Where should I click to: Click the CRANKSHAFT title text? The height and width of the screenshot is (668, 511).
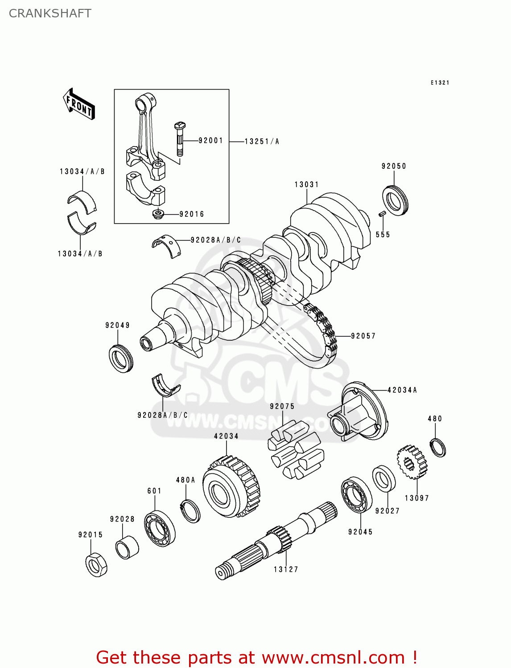click(50, 13)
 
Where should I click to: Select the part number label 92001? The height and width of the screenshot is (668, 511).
click(210, 141)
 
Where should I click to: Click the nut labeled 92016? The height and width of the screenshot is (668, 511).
click(158, 214)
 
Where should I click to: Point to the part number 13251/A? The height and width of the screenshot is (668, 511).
click(262, 142)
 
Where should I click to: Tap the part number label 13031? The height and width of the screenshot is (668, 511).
click(306, 184)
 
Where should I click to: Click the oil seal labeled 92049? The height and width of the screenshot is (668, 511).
click(121, 358)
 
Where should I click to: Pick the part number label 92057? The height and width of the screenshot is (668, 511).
click(363, 336)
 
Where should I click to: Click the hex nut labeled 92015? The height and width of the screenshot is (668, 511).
click(96, 565)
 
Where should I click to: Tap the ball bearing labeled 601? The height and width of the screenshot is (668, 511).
click(160, 528)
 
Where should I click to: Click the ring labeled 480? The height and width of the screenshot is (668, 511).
click(438, 447)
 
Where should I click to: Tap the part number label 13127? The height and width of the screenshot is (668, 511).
click(286, 569)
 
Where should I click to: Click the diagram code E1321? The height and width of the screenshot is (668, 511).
click(440, 83)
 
